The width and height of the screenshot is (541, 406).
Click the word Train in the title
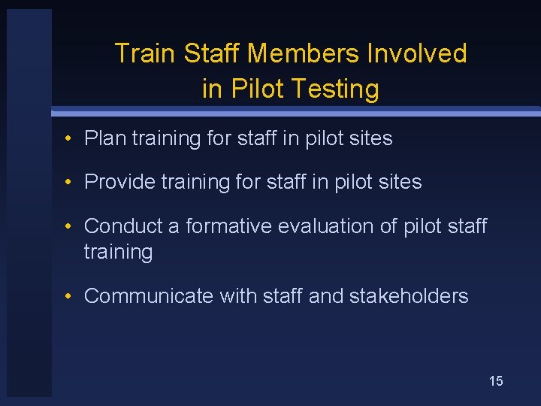(x=146, y=53)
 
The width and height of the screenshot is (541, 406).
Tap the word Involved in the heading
(x=416, y=53)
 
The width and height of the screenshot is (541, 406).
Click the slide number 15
(x=496, y=381)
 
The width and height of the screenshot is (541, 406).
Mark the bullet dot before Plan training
(x=68, y=139)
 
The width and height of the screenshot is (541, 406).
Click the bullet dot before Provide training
(x=68, y=183)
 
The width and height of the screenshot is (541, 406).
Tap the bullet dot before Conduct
(x=68, y=226)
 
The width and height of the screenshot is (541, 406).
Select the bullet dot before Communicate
(x=68, y=297)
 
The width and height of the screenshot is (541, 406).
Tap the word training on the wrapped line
(x=118, y=252)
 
